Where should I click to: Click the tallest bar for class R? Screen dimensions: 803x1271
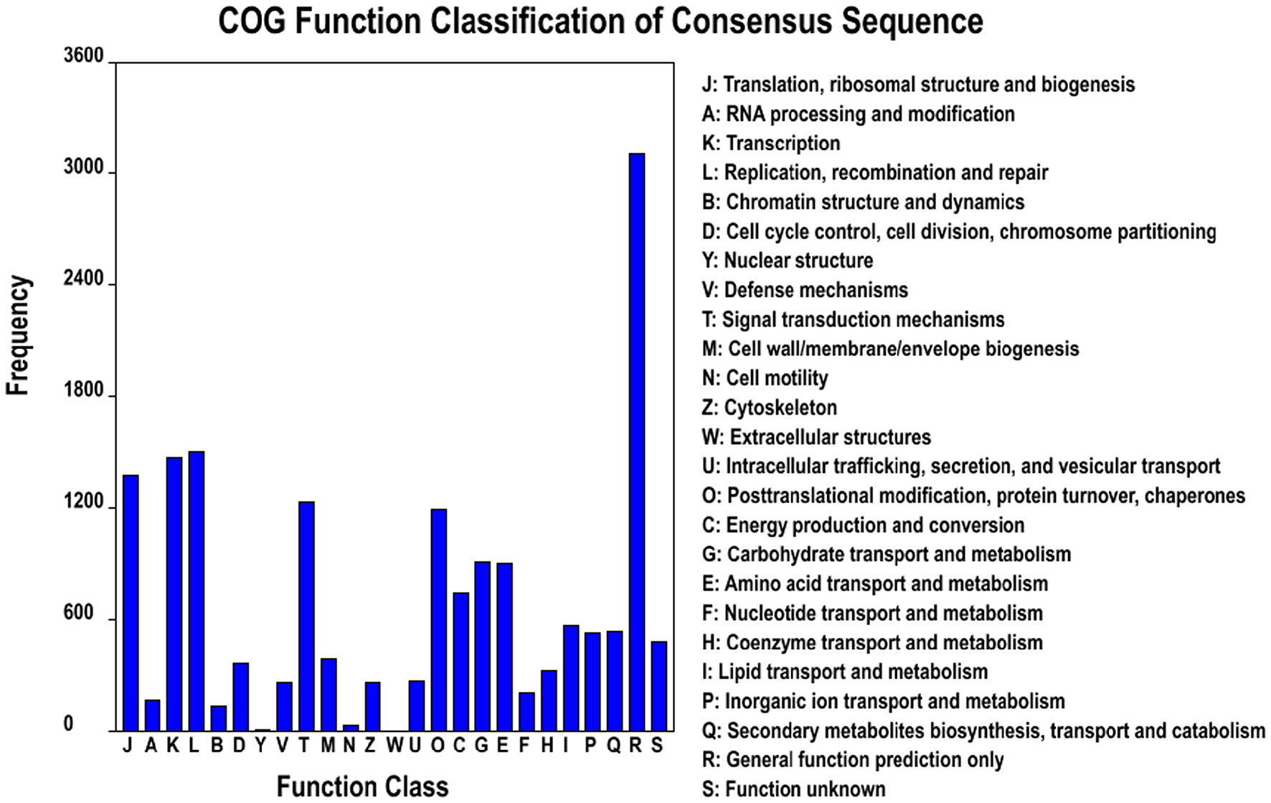tap(636, 441)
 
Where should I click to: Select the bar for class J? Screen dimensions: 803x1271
tap(131, 603)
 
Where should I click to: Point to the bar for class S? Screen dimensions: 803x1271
tap(658, 685)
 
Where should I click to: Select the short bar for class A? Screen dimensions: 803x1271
tap(152, 715)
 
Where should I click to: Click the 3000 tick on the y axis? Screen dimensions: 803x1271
tap(84, 167)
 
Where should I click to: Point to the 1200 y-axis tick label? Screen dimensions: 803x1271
tap(84, 502)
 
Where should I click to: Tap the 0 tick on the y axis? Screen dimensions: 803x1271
tap(69, 725)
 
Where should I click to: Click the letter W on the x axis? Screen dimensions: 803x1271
tap(394, 746)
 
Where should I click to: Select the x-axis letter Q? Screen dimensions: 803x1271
tap(613, 746)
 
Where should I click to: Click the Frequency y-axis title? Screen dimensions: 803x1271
tap(18, 335)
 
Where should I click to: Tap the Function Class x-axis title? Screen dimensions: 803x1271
tap(362, 786)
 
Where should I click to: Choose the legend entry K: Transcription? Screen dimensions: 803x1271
tap(770, 144)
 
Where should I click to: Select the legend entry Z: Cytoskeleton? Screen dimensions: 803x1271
tap(769, 408)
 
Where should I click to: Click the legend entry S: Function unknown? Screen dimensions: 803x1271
tap(793, 789)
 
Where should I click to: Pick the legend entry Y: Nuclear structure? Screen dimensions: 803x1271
tap(787, 260)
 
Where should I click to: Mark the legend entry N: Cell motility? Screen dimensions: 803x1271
tap(765, 378)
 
